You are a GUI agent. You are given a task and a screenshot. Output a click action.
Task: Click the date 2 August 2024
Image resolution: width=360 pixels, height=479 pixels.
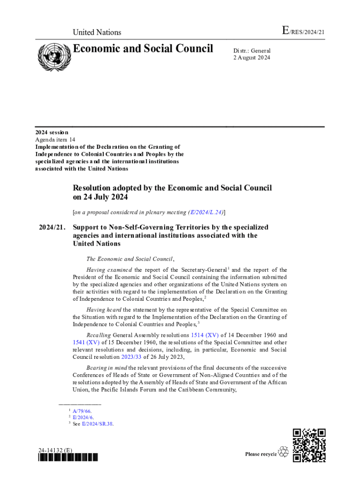(252, 58)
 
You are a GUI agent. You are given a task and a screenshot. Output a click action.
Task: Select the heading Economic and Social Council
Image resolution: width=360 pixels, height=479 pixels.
(143, 49)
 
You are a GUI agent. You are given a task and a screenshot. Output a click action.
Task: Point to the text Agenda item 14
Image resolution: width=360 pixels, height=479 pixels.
(55, 139)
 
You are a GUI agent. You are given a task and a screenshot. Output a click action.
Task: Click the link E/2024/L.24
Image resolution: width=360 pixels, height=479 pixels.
(205, 212)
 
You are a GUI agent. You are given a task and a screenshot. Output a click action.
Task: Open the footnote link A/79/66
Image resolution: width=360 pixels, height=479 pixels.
(85, 411)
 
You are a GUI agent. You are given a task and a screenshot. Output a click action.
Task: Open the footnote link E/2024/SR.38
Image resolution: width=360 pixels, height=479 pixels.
(98, 424)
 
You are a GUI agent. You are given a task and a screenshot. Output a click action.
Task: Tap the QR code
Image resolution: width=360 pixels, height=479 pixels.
(309, 445)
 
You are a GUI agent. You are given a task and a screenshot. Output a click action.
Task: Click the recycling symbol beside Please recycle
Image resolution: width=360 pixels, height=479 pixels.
(283, 452)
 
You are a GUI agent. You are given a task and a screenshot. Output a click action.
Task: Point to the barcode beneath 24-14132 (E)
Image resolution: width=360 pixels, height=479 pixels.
(68, 457)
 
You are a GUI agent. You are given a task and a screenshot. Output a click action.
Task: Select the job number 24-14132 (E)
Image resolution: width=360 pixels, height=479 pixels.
(56, 450)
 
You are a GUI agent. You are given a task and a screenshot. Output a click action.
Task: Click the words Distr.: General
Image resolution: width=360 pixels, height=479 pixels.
(252, 51)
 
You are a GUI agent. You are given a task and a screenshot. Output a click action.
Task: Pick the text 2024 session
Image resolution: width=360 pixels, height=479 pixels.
(51, 132)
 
